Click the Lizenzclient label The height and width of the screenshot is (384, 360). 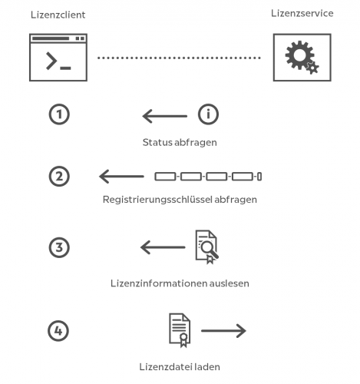click(58, 15)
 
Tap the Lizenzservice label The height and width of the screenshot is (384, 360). click(302, 13)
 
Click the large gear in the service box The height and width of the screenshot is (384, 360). click(299, 55)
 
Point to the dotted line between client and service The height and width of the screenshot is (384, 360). click(179, 58)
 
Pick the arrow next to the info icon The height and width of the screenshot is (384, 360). click(165, 116)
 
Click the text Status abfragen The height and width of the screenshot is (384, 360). click(180, 142)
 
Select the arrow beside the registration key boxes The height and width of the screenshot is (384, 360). click(121, 177)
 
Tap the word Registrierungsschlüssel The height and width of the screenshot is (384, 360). click(157, 200)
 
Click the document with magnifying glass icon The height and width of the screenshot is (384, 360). click(206, 247)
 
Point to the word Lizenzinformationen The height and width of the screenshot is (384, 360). click(159, 283)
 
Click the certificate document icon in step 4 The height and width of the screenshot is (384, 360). click(180, 330)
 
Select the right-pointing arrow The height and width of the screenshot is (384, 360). click(223, 331)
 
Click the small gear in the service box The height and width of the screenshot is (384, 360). click(312, 68)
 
